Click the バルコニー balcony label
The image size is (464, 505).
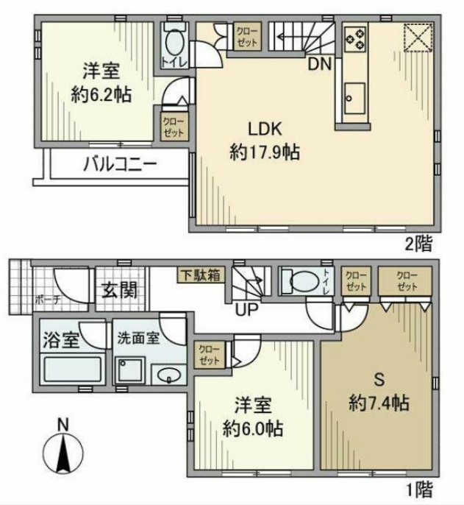118,163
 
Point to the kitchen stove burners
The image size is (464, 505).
355,38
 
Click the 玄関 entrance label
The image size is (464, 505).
118,290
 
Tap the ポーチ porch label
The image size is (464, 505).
26,300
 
